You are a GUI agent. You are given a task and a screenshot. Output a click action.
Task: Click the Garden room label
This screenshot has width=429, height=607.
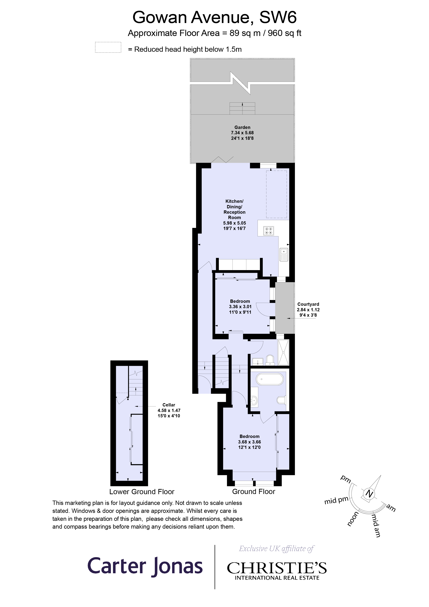(x=242, y=133)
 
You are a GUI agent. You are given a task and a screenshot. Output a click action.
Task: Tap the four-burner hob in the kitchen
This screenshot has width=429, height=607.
(x=268, y=231)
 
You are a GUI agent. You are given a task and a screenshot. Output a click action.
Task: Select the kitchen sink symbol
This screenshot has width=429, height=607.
(x=284, y=254)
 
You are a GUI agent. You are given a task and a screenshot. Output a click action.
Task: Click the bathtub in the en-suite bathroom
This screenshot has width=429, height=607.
(x=270, y=379)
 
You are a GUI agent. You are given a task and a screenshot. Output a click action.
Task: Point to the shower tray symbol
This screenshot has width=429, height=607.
(x=283, y=352)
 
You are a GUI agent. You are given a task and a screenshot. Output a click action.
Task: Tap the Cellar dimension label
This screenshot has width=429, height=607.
(x=169, y=410)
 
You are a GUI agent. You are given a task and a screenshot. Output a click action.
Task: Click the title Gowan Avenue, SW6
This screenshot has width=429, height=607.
(x=214, y=17)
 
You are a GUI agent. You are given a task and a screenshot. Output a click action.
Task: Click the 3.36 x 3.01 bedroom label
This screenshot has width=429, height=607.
(x=240, y=307)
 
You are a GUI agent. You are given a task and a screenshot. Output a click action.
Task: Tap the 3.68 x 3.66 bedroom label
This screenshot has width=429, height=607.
(x=249, y=442)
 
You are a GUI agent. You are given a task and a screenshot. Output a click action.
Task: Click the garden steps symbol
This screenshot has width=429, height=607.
(x=242, y=108)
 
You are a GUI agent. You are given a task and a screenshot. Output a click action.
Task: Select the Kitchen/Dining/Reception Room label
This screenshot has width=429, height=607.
(x=234, y=209)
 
